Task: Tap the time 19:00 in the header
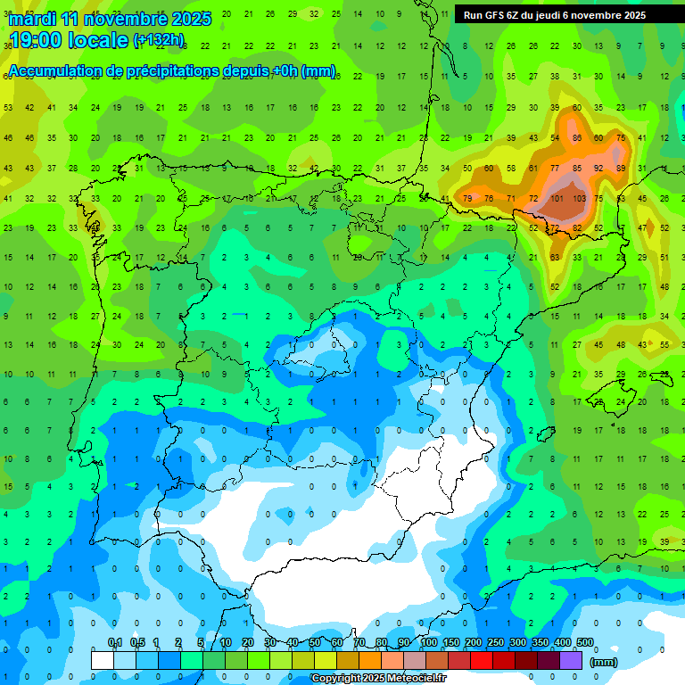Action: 37,40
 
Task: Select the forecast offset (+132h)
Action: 158,40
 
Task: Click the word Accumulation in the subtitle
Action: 59,70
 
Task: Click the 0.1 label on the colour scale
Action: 115,643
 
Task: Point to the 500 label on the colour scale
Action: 584,643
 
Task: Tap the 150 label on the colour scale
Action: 450,643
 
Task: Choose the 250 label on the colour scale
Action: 495,643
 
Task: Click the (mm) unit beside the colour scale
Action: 605,662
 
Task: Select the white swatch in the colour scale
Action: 103,660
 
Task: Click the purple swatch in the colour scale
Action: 571,660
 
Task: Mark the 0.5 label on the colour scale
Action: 137,643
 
